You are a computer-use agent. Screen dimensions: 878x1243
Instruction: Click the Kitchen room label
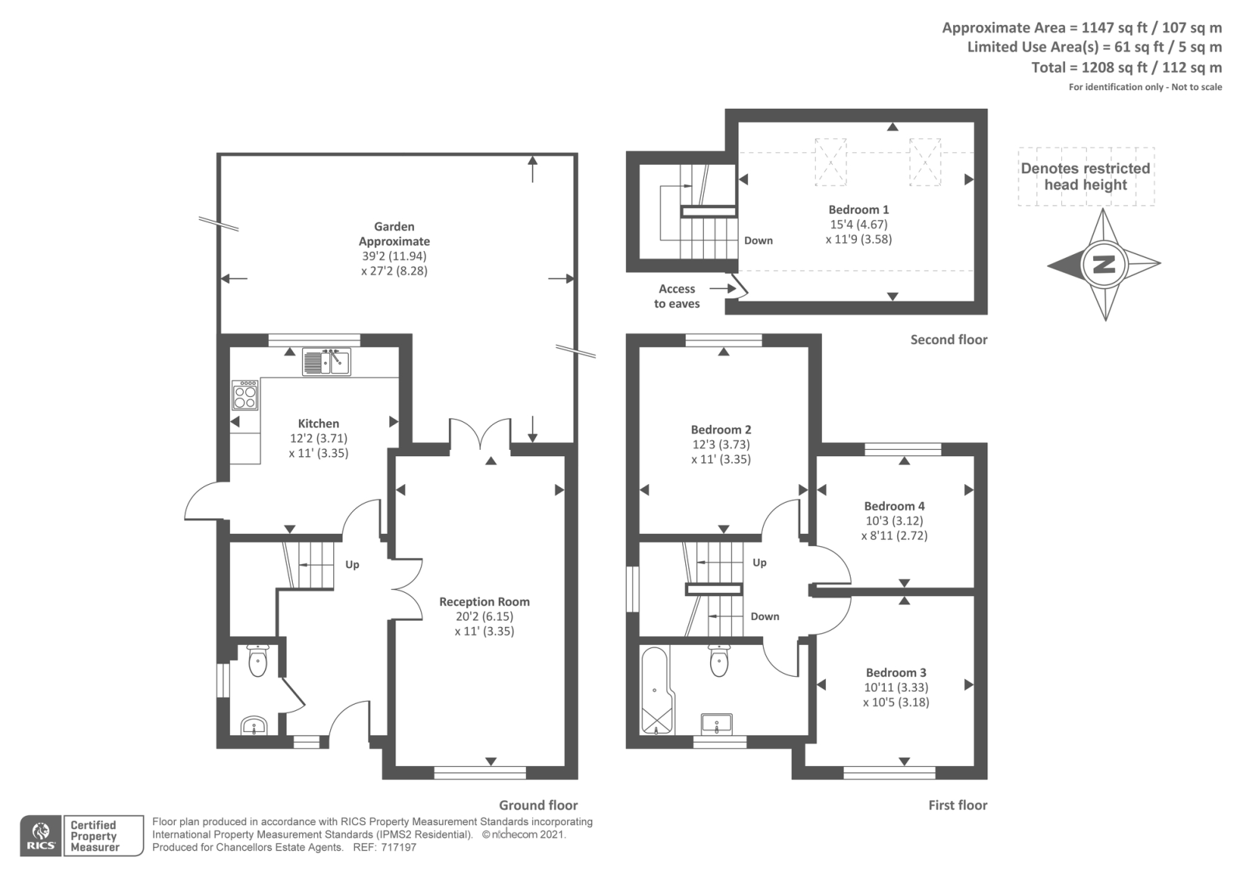(x=319, y=423)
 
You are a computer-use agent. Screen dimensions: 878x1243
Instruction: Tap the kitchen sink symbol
(x=326, y=362)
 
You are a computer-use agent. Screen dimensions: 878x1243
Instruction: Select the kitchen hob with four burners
(x=245, y=395)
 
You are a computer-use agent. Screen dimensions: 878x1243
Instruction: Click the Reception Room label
(x=484, y=601)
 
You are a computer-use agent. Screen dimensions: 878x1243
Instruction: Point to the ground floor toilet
(x=257, y=660)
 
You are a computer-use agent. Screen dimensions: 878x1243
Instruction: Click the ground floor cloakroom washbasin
(x=253, y=726)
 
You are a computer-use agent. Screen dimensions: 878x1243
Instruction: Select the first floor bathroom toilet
(x=719, y=662)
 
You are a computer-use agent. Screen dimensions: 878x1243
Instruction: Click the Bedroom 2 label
(x=721, y=430)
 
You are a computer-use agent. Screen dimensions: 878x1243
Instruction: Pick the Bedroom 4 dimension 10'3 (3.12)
(x=894, y=521)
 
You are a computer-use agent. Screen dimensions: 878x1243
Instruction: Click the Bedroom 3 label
(x=896, y=673)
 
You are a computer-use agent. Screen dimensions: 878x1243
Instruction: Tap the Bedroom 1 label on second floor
(x=858, y=210)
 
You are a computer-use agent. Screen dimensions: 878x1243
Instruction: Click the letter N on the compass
(x=1104, y=264)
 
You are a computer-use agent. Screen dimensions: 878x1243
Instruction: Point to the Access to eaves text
(x=677, y=296)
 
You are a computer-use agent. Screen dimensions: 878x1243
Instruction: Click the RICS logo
(x=40, y=836)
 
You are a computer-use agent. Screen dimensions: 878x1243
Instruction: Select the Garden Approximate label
(x=394, y=234)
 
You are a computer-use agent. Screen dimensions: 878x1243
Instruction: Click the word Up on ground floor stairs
(x=352, y=565)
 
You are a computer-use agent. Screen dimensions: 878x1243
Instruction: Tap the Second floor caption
(x=949, y=340)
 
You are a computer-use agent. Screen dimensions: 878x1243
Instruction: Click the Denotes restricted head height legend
(x=1085, y=176)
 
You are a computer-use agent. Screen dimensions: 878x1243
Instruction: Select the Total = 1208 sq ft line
(x=1126, y=68)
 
